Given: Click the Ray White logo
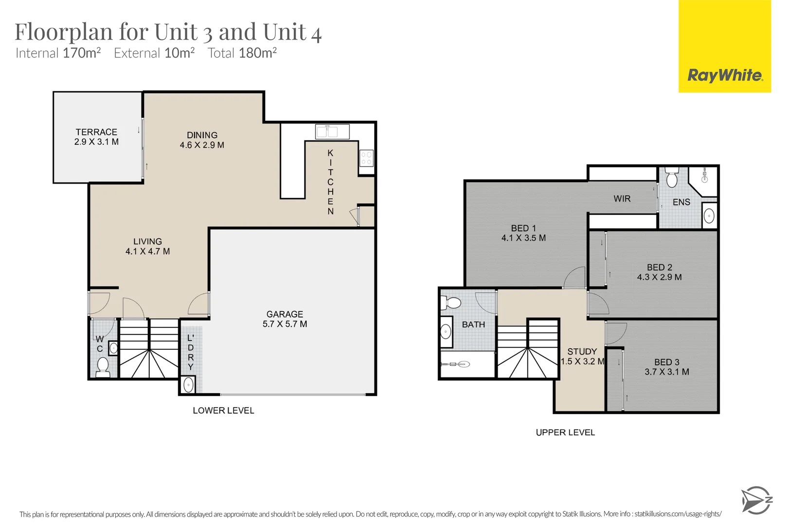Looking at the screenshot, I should tap(725, 75).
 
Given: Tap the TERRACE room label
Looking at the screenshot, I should tap(96, 132).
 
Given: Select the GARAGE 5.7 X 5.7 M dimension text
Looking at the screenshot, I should tap(285, 324).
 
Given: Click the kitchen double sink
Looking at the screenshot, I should tap(332, 131).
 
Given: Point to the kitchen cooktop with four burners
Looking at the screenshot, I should tap(366, 158).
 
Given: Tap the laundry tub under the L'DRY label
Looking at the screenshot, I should tap(188, 385).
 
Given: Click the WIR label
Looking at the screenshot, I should tap(622, 199).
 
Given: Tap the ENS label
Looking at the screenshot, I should tap(681, 202).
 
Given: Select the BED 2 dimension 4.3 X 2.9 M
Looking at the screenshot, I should tap(659, 277).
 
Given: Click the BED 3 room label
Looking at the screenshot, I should tap(666, 362).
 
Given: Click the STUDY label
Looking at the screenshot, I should tap(582, 351).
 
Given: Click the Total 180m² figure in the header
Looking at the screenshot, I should tap(242, 53).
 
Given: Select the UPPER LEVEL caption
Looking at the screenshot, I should tap(565, 432).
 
